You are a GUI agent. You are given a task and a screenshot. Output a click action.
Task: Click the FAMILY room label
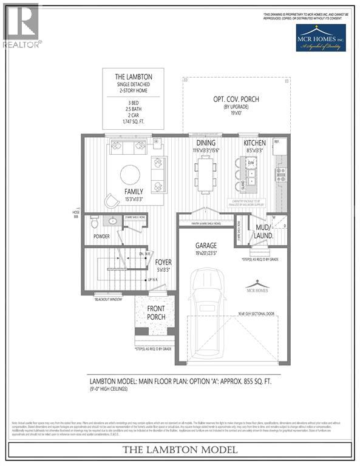pos(134,192)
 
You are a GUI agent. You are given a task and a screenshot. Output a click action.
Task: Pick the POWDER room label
pos(101,236)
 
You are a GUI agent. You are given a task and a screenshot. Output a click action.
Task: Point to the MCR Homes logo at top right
pos(321,38)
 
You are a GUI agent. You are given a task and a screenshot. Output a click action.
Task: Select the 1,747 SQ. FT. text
pos(133,121)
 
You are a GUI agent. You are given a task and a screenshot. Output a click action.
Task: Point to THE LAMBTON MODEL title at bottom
pos(180,450)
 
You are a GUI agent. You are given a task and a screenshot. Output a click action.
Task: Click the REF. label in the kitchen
pos(277,141)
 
